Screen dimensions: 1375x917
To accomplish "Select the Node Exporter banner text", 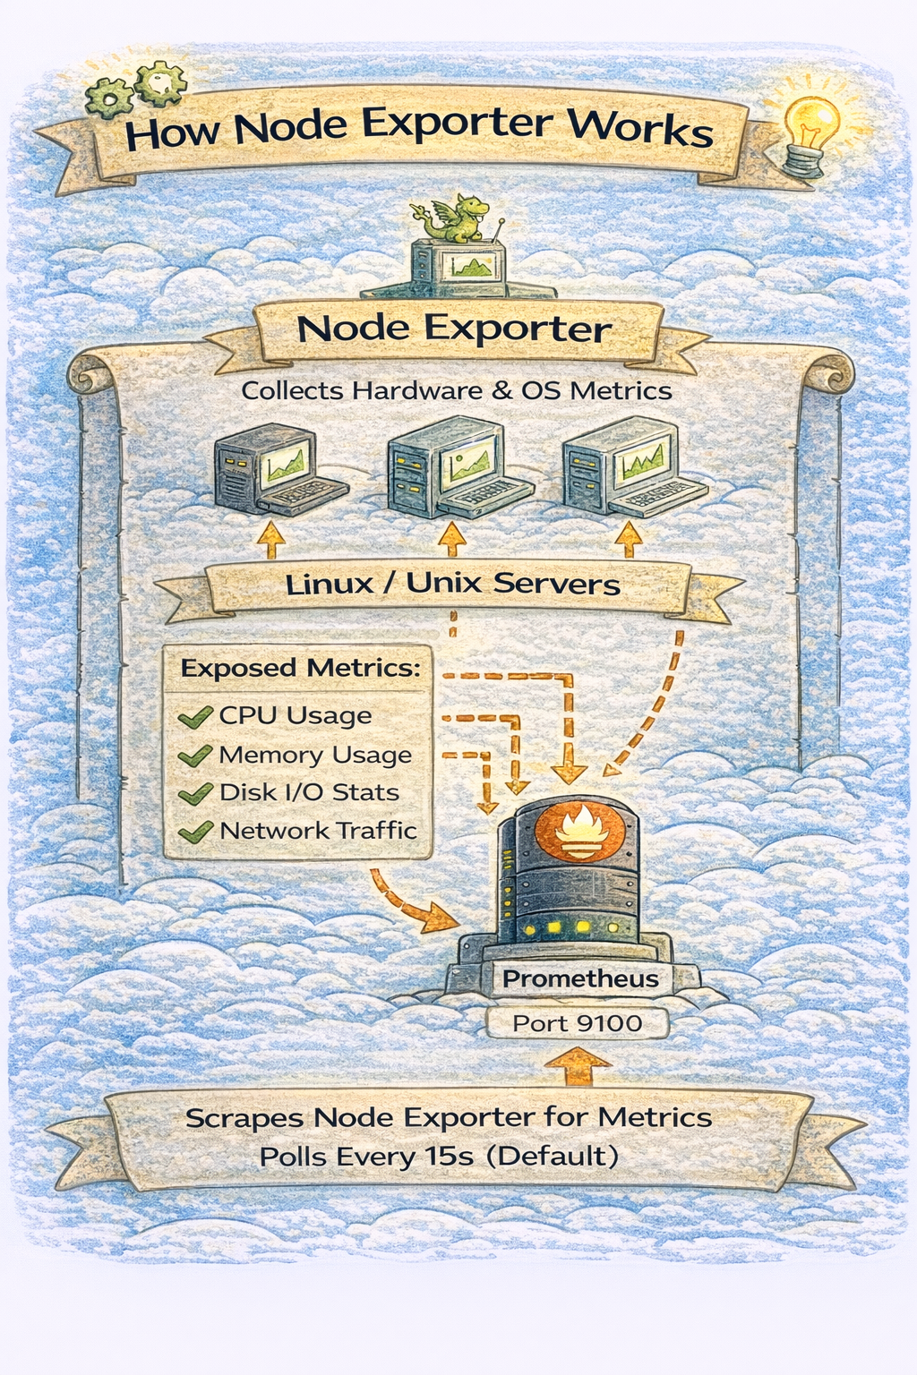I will tap(454, 329).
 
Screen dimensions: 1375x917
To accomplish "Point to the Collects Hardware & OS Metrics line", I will tap(456, 391).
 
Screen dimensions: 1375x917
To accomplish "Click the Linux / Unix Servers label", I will tap(452, 585).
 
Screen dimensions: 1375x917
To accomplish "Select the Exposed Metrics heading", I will tap(300, 669).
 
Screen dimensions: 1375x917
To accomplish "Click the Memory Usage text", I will tap(315, 755).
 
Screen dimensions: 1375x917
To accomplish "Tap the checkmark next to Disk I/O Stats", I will tap(194, 794).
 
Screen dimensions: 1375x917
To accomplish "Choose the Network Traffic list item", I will tap(318, 831).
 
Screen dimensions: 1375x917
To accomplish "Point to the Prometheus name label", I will tap(579, 978).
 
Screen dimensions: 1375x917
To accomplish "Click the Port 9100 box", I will tap(577, 1023).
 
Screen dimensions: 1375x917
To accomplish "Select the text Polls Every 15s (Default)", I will tap(439, 1156).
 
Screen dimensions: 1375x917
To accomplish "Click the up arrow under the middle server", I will tap(452, 540).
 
